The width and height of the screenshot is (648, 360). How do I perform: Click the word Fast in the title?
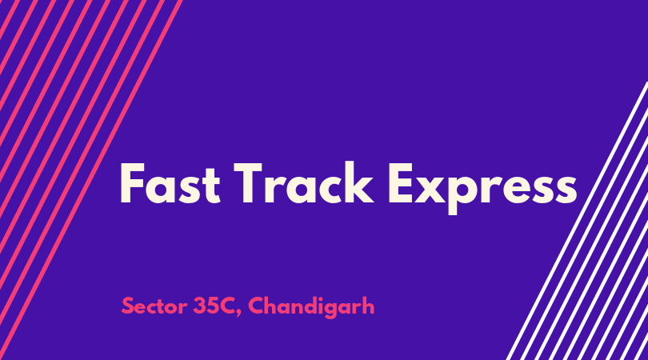[x=170, y=183]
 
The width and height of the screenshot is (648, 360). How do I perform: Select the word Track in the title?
[x=304, y=182]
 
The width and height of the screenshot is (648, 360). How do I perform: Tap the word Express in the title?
[x=482, y=188]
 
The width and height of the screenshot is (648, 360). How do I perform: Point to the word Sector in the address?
[x=154, y=306]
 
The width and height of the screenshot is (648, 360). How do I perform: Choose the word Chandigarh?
[x=311, y=306]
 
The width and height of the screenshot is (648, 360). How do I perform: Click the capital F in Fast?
[x=132, y=183]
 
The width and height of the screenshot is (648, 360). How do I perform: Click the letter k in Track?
[x=358, y=182]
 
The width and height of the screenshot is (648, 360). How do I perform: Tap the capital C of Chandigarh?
[x=256, y=306]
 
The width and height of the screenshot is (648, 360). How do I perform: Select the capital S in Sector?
[x=127, y=306]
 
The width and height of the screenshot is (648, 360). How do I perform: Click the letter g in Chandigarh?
[x=330, y=310]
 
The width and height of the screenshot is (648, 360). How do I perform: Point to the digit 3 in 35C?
[x=200, y=306]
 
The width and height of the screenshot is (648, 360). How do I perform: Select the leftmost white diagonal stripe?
[x=578, y=221]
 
